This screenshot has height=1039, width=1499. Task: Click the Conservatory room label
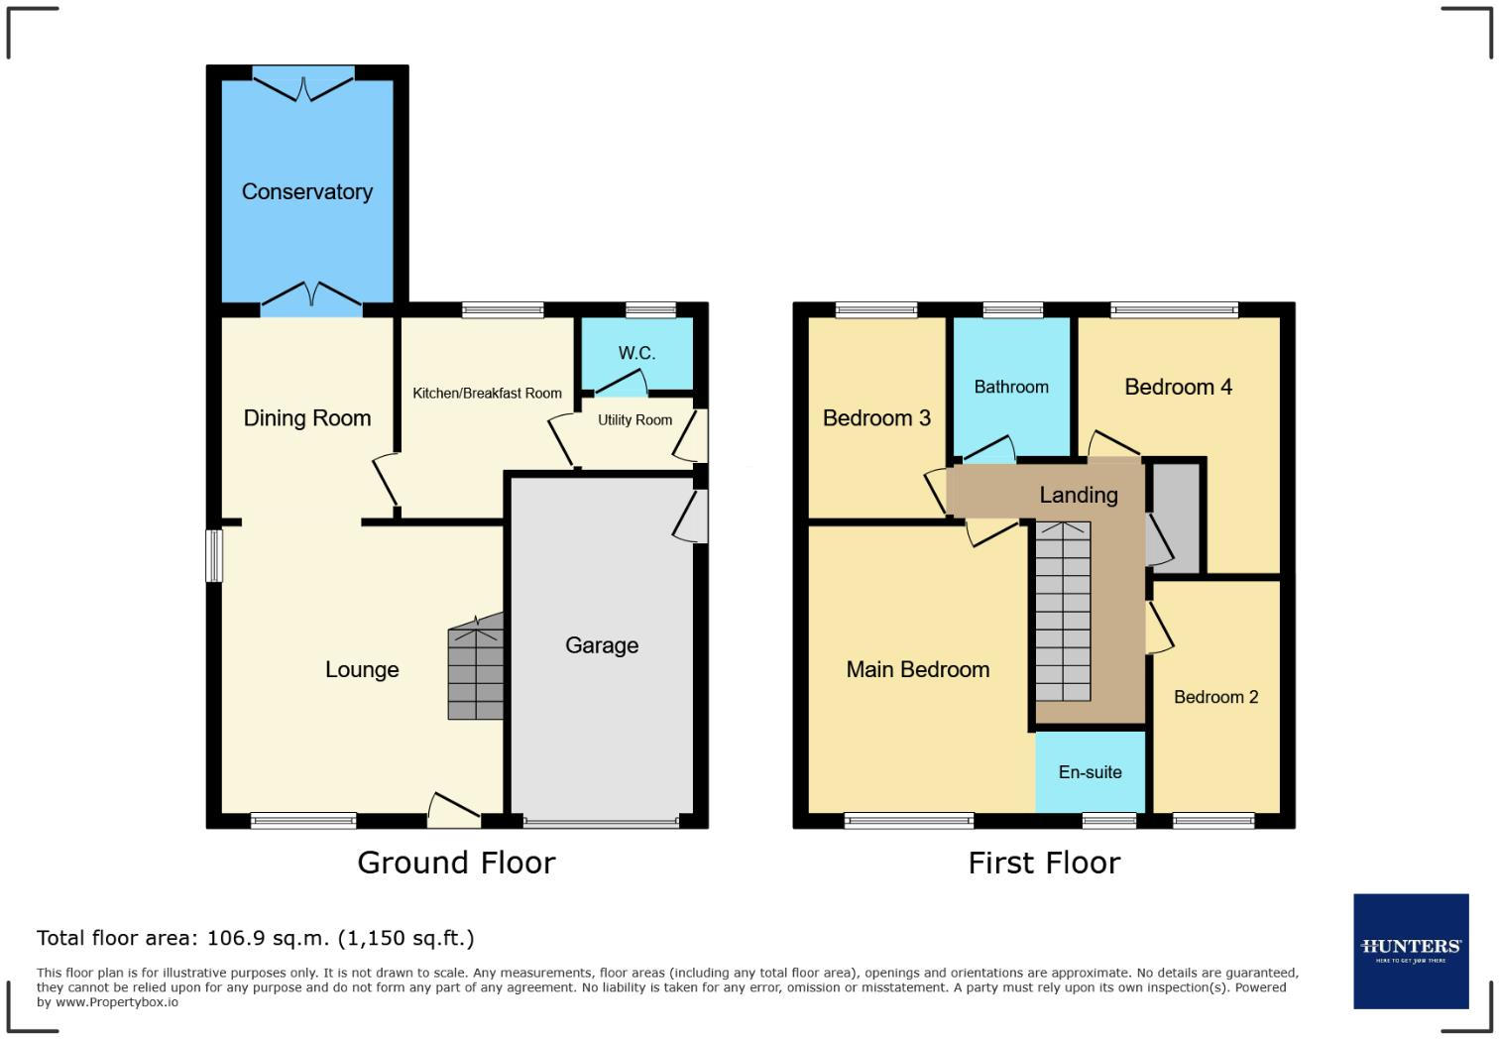[307, 191]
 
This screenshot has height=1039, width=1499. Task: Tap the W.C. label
[636, 353]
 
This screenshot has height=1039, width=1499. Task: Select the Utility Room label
[635, 420]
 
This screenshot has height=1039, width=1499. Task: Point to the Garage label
[602, 645]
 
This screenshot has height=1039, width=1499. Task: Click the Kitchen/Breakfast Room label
[487, 394]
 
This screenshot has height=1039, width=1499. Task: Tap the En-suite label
[1091, 772]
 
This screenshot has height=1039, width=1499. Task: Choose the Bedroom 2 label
[1215, 697]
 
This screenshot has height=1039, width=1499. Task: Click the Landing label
[1079, 495]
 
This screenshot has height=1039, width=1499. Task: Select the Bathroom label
[1011, 387]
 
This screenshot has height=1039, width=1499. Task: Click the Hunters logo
[1412, 952]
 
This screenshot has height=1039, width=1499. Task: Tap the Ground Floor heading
[456, 864]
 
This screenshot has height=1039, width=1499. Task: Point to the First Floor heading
[1044, 864]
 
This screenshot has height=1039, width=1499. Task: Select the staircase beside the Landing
[1064, 612]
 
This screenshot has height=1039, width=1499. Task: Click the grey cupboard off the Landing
[1175, 517]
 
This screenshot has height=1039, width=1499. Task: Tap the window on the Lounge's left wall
[214, 555]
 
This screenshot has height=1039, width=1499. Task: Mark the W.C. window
[650, 309]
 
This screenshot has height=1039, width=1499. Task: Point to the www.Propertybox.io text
[117, 1002]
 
